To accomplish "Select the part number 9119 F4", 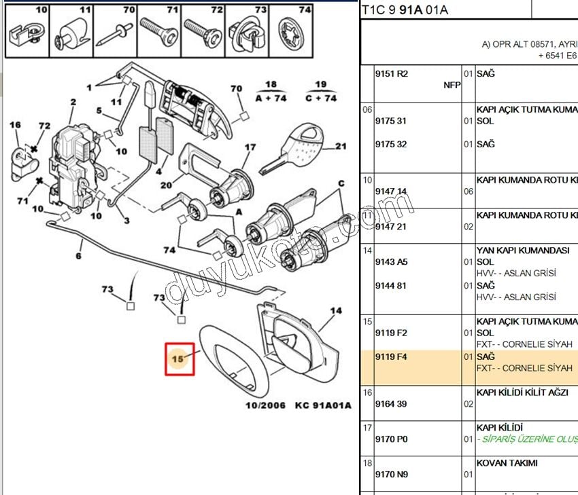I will click(x=392, y=356).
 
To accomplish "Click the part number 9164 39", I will click(x=391, y=404).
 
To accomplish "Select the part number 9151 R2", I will click(x=392, y=73).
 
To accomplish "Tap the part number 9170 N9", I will click(x=392, y=475).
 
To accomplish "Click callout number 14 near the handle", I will click(x=336, y=311).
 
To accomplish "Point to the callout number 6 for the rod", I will click(x=78, y=256).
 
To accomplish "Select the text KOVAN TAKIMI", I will click(x=507, y=463).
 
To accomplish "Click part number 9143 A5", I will click(x=392, y=262).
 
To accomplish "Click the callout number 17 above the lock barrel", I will click(x=250, y=147).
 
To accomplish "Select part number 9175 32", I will click(x=391, y=145).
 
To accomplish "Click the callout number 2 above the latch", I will click(x=73, y=103).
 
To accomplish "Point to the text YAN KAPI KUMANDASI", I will click(x=522, y=250).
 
